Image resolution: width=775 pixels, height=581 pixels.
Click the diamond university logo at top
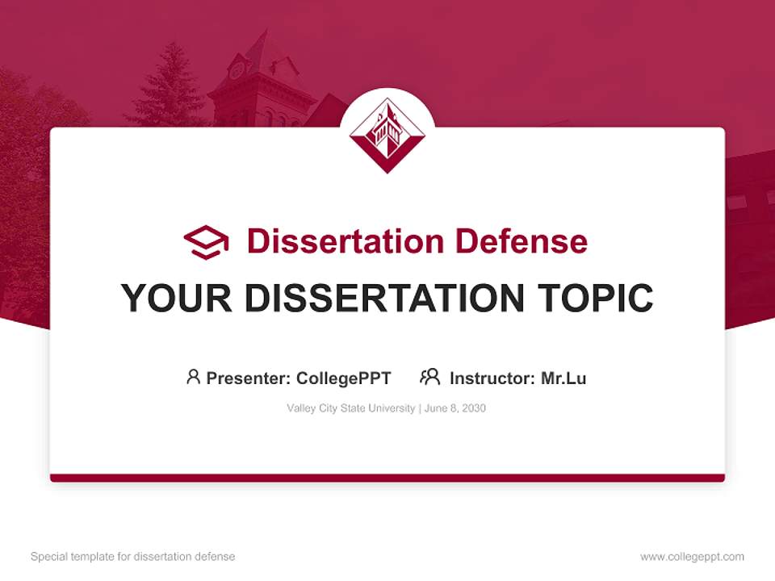tap(387, 135)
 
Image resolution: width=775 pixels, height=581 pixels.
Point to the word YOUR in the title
tap(177, 299)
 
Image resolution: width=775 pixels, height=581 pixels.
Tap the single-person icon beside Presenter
tap(193, 377)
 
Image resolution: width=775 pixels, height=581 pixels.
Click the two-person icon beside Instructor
tap(429, 377)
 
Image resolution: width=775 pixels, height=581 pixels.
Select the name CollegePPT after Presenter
tap(343, 378)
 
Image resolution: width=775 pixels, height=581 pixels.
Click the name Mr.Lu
tap(563, 378)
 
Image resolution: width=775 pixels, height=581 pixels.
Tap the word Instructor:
tap(492, 378)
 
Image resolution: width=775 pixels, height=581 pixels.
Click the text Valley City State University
tap(350, 408)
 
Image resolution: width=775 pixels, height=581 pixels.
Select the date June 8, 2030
tap(455, 408)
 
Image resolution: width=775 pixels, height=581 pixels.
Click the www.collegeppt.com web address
tap(692, 557)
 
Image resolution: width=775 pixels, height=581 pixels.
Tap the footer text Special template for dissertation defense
tap(133, 557)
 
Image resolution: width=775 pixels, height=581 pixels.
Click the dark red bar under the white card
tap(387, 478)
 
